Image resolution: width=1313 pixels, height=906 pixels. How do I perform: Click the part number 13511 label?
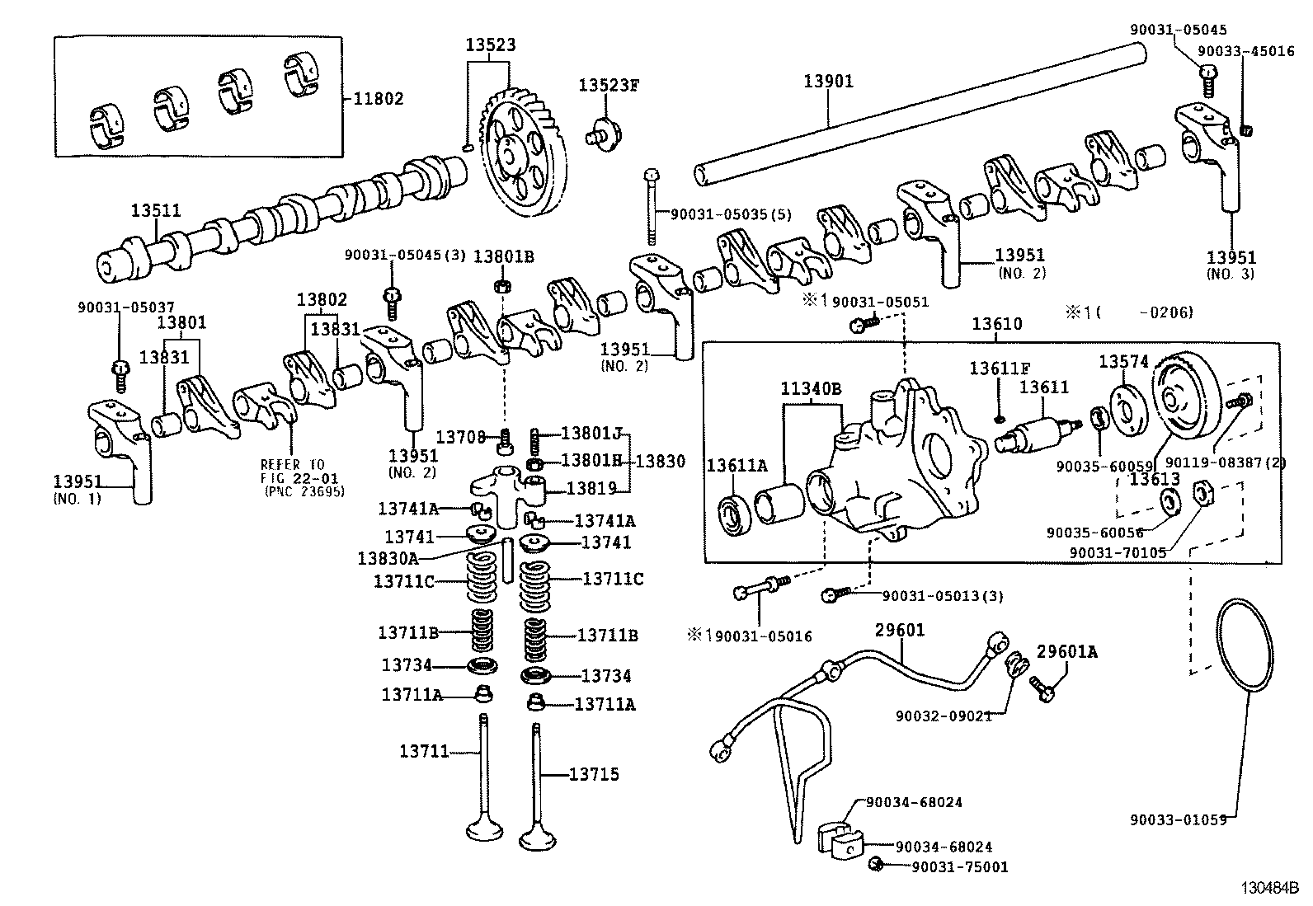pos(155,211)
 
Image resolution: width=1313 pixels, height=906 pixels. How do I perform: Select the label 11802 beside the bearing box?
pos(379,99)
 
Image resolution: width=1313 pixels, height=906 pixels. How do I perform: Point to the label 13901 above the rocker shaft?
pos(828,81)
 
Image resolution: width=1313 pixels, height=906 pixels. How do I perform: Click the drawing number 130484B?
pos(1272,889)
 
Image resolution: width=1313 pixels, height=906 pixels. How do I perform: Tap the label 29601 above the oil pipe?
pos(900,631)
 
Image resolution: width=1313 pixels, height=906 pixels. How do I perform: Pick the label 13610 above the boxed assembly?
pos(996,324)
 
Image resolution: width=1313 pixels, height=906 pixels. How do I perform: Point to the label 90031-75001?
pos(960,866)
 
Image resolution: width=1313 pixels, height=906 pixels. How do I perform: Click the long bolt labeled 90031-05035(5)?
pos(652,206)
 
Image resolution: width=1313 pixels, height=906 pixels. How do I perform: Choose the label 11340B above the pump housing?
pos(812,388)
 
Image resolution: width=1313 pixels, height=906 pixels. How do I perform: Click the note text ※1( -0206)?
pos(1127,312)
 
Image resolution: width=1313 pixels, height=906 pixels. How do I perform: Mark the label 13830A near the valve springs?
pos(387,558)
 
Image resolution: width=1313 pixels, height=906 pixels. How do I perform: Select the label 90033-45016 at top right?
pos(1245,50)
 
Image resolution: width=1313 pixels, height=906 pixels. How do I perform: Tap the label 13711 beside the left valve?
pos(424,751)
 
